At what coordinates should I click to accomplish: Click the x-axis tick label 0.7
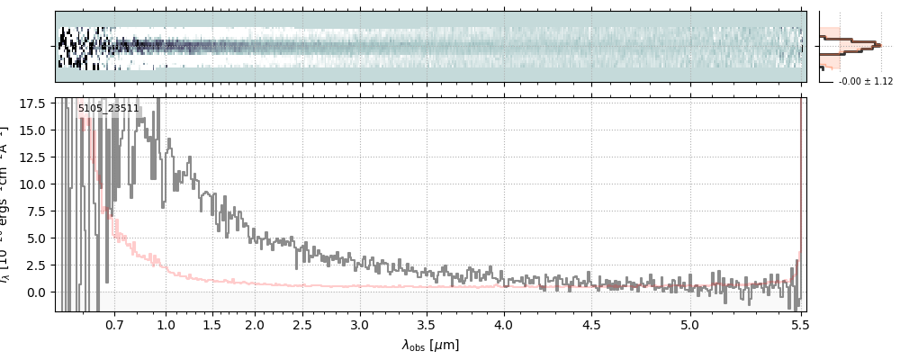click(114, 323)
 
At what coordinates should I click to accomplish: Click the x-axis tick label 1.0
click(166, 323)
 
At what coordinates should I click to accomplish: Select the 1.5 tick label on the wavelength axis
click(211, 323)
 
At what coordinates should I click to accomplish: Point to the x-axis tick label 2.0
click(255, 323)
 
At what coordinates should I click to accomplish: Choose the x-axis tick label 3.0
click(360, 323)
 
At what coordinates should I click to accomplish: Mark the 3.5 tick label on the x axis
click(430, 323)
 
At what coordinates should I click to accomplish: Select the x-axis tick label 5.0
click(689, 323)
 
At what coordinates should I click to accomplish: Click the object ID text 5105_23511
click(108, 109)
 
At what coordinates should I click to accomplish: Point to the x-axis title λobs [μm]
click(430, 344)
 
